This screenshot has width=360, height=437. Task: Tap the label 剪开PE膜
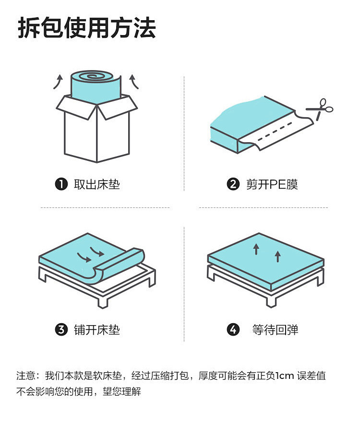[x=272, y=184]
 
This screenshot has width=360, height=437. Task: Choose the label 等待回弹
[x=275, y=329]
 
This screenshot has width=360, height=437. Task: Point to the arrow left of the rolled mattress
[x=58, y=82]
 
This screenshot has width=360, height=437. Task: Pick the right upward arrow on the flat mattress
[x=277, y=256]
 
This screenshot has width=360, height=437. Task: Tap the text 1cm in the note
[x=284, y=376]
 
